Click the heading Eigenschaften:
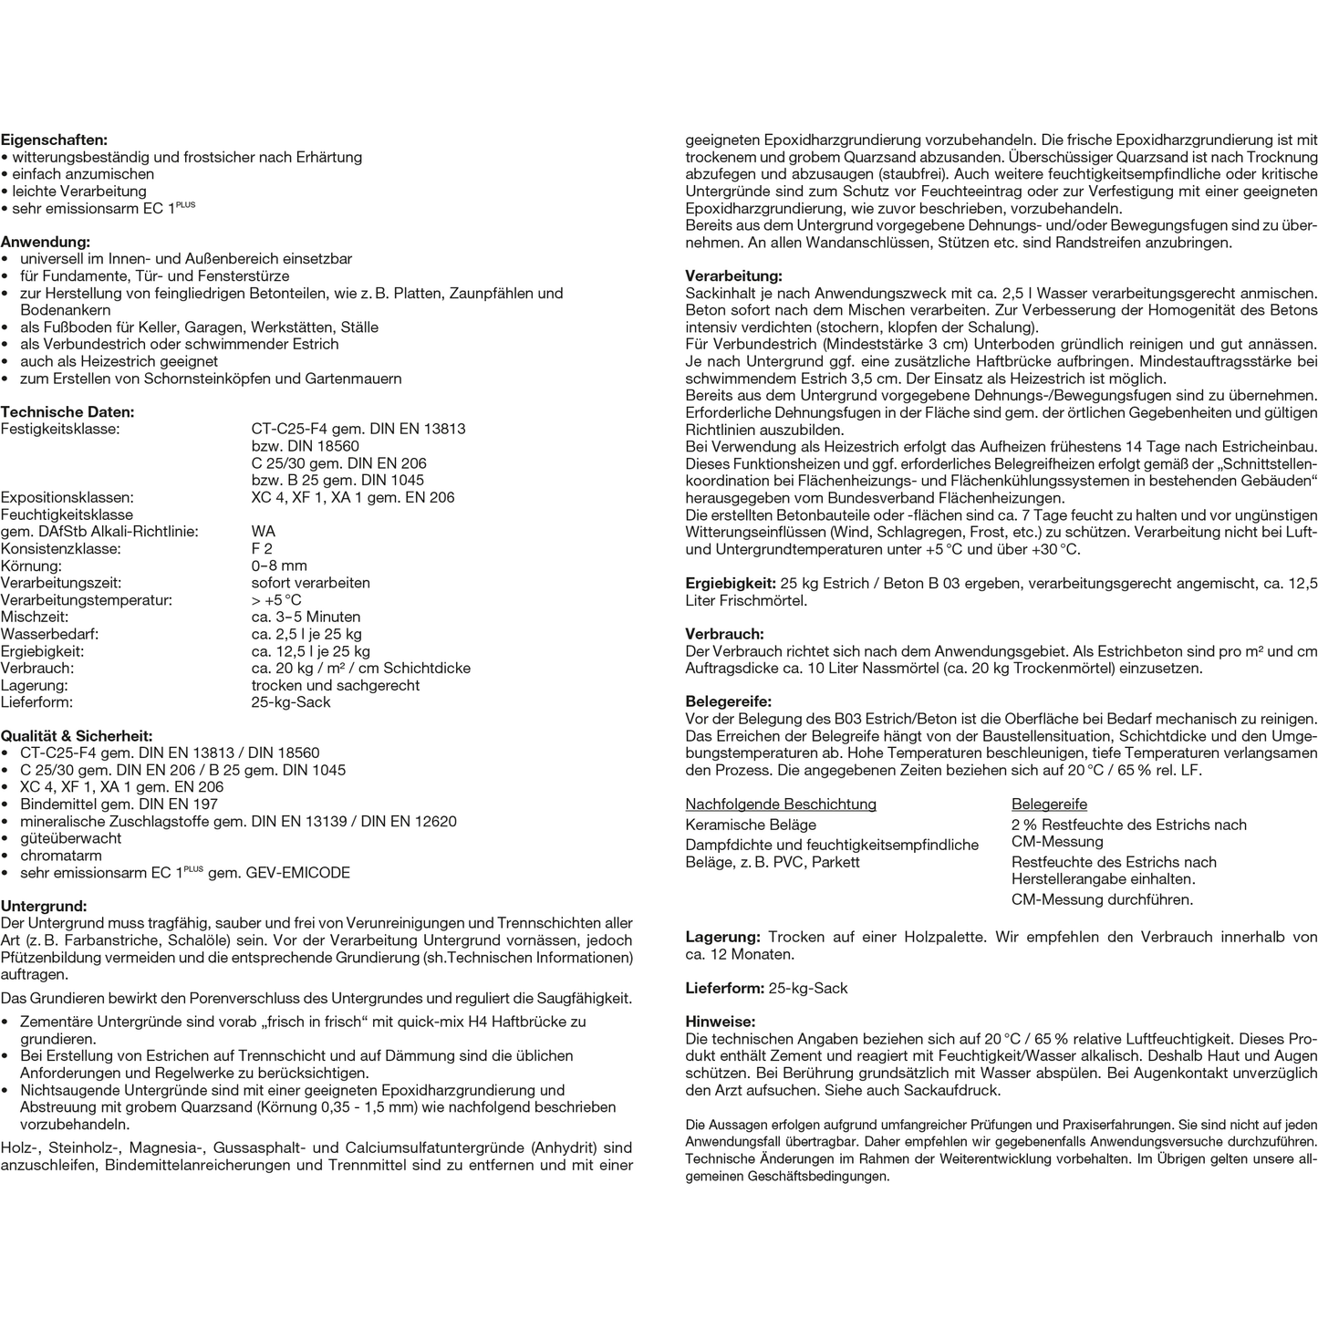[x=54, y=140]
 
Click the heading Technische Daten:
[x=67, y=412]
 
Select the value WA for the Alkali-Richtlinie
[x=263, y=532]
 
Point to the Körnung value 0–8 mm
[x=279, y=566]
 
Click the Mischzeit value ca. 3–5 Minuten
[x=306, y=617]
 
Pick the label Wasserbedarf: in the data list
[x=50, y=635]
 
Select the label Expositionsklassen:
[x=67, y=498]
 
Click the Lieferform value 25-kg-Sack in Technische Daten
[x=291, y=702]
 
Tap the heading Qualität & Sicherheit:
[x=77, y=736]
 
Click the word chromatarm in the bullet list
[x=61, y=856]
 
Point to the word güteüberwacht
[x=70, y=838]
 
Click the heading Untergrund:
[x=44, y=907]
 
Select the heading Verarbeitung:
[x=733, y=276]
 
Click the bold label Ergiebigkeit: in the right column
[x=731, y=584]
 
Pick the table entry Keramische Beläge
[x=751, y=825]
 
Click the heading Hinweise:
[x=721, y=1022]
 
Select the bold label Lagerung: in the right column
[x=722, y=938]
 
